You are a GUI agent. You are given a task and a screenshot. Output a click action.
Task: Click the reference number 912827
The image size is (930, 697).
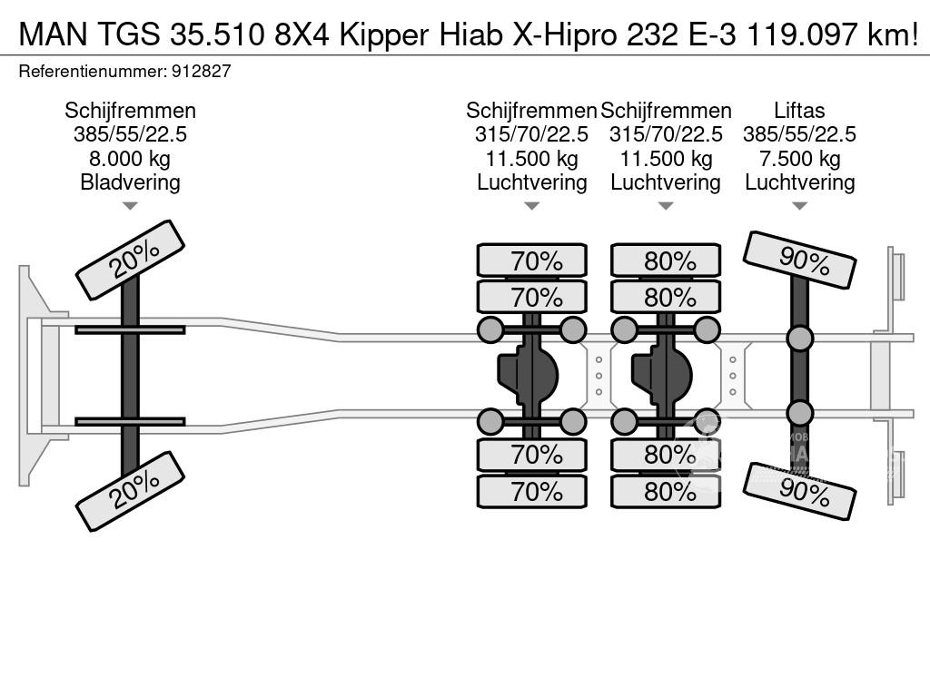click(201, 71)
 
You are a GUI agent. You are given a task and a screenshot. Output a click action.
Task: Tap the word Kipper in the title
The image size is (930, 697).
click(383, 35)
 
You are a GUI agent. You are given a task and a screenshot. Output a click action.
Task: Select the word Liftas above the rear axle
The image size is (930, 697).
click(799, 110)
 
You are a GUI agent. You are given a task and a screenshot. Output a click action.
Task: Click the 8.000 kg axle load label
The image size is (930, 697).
click(130, 158)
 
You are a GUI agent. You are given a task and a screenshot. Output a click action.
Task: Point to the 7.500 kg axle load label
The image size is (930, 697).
click(799, 158)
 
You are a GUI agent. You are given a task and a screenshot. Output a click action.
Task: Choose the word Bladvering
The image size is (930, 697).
click(130, 182)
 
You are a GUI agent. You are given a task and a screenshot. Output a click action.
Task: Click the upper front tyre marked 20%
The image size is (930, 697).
click(131, 260)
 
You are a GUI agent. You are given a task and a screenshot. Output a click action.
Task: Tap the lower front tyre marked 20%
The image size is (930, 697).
click(131, 491)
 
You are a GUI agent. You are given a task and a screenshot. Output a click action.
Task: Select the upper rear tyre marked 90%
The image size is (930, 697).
click(799, 260)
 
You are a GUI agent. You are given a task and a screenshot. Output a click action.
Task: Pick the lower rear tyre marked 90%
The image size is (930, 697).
click(799, 491)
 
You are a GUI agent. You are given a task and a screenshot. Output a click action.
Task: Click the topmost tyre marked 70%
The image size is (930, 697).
click(532, 260)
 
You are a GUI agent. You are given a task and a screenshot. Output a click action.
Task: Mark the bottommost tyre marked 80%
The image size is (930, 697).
click(666, 491)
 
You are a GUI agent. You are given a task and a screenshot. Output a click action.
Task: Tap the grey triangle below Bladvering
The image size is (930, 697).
click(130, 206)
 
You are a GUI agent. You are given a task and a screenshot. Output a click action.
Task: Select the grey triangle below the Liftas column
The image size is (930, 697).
click(799, 206)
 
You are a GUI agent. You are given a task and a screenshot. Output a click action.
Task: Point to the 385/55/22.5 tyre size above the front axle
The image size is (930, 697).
click(130, 134)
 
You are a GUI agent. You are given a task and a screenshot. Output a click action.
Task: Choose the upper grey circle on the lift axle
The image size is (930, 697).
click(799, 339)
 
